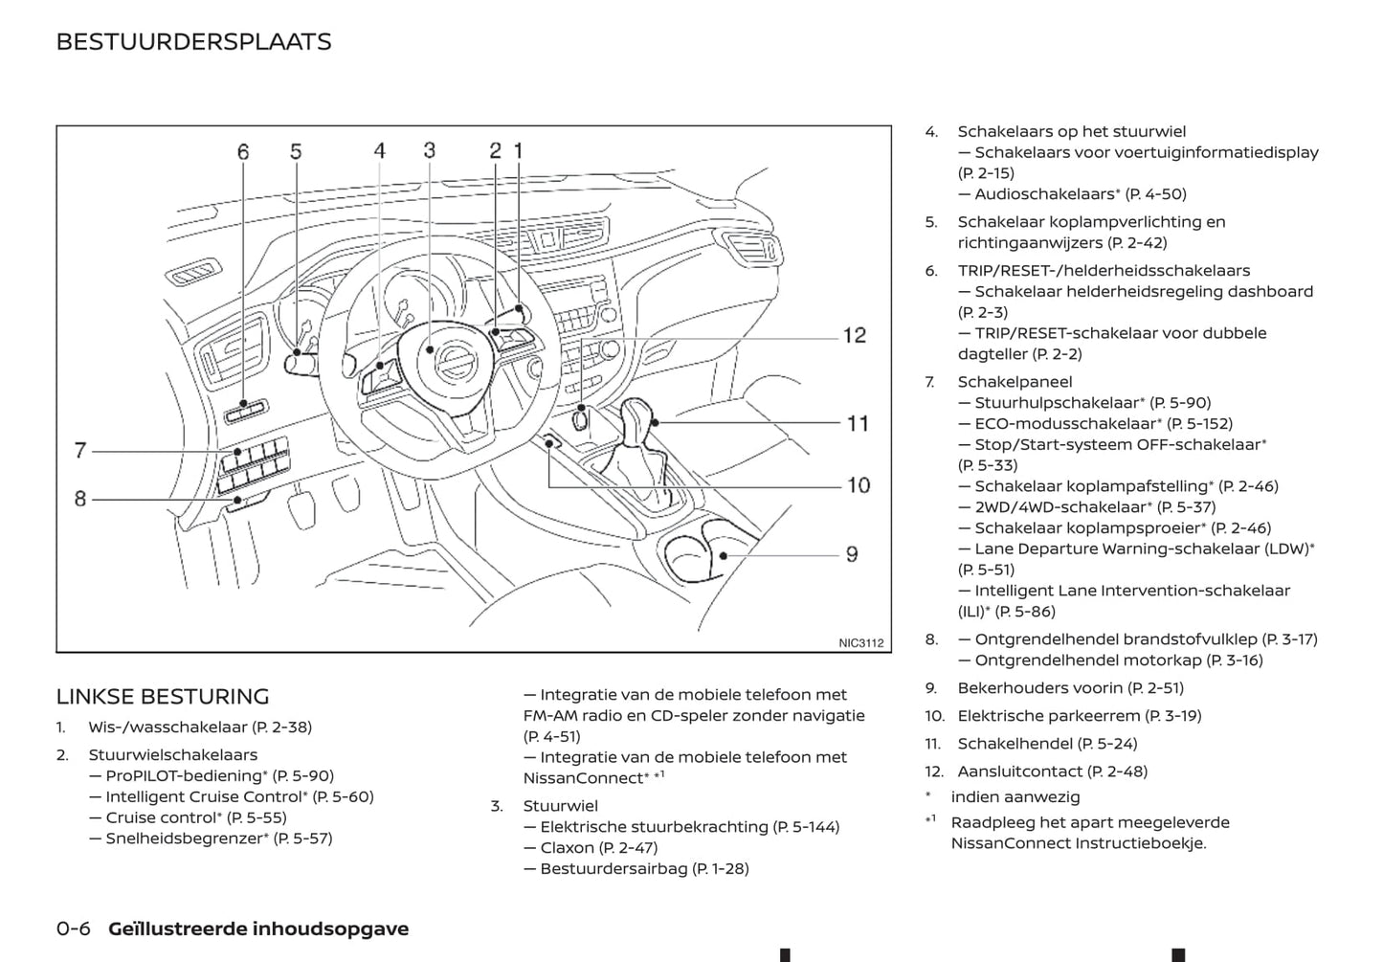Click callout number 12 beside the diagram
[x=854, y=336]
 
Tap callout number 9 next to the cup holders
[x=851, y=554]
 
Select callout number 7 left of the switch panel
[x=80, y=450]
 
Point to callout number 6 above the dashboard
[x=243, y=152]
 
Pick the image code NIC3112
[x=860, y=643]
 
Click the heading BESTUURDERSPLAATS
[x=193, y=42]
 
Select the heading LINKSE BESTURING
[x=163, y=697]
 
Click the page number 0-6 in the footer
[x=74, y=928]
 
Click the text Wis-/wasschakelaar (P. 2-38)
[x=200, y=727]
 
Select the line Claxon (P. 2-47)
[x=598, y=848]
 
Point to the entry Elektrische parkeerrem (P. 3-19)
[x=1079, y=716]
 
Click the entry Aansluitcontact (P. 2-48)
[x=1052, y=772]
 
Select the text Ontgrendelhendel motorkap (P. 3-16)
[x=1118, y=660]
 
